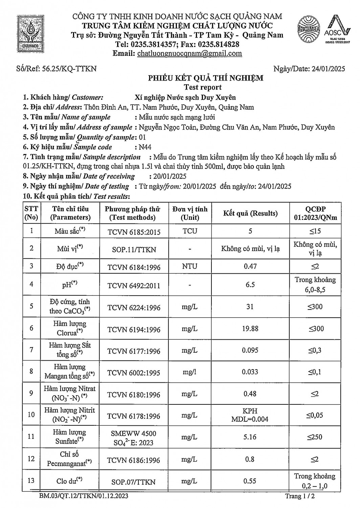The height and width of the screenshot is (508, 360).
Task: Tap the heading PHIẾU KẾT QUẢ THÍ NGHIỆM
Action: [205, 78]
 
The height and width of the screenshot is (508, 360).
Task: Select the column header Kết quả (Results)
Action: [250, 213]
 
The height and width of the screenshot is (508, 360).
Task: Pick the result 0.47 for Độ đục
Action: [250, 266]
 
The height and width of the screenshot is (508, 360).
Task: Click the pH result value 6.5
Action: [250, 284]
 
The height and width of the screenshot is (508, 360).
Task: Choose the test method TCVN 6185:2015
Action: [134, 232]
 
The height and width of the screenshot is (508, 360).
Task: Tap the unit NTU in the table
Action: [189, 266]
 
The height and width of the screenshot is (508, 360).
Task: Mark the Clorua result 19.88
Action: [250, 329]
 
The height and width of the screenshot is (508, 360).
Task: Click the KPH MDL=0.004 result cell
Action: [250, 415]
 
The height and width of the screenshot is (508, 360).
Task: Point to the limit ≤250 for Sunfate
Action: [315, 437]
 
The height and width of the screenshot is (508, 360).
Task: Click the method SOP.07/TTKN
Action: [134, 482]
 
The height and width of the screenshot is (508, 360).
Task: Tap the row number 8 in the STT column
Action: [31, 372]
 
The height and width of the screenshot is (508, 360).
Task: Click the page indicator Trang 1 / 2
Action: [300, 496]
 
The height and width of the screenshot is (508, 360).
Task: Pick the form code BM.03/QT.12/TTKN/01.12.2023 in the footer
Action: [84, 496]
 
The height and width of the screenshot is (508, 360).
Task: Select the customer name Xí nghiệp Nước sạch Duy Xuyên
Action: [185, 98]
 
